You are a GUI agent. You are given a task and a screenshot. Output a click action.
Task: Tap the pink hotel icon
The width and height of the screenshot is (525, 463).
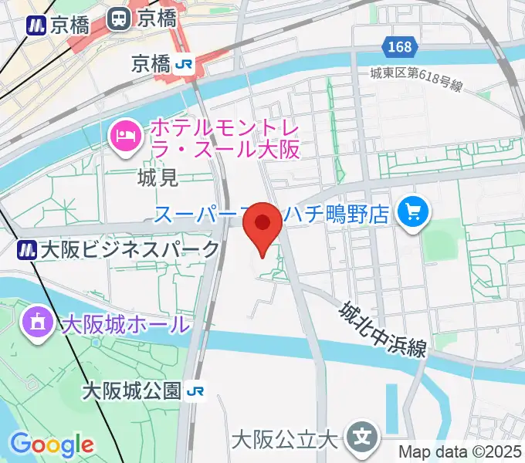tap(125, 138)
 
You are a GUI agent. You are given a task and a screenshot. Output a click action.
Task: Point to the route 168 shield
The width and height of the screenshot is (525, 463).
tap(400, 47)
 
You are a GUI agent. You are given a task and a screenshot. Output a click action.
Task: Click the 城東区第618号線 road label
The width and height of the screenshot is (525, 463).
tap(415, 79)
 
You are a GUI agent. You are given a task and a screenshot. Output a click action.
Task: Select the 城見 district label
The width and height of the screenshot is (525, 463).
tap(157, 178)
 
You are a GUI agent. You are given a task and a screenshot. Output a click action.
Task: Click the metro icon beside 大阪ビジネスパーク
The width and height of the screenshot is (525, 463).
tap(29, 249)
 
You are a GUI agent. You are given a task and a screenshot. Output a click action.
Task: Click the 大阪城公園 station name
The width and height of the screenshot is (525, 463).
tap(132, 391)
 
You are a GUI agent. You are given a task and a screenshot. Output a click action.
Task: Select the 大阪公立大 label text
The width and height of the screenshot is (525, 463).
tap(286, 441)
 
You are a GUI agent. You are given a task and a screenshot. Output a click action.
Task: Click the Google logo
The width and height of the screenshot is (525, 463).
tap(52, 444)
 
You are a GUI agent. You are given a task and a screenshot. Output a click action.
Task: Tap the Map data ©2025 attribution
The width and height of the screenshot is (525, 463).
tap(460, 451)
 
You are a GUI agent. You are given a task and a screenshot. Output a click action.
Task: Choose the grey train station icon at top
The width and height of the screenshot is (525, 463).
tap(118, 18)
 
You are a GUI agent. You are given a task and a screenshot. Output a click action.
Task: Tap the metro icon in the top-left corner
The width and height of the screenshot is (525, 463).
tap(35, 25)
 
